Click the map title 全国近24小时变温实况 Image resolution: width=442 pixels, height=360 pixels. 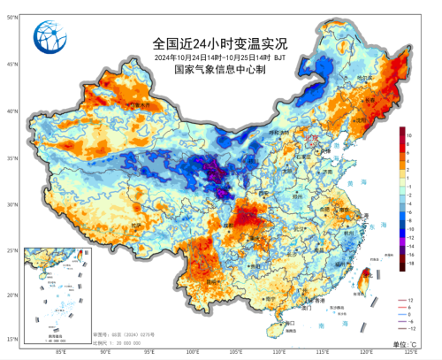220,42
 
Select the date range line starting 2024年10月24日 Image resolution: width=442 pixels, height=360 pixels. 220,57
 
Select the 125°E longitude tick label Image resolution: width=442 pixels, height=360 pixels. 412,352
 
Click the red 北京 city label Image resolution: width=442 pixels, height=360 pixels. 309,139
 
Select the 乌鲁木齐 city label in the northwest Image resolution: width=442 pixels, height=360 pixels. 137,105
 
